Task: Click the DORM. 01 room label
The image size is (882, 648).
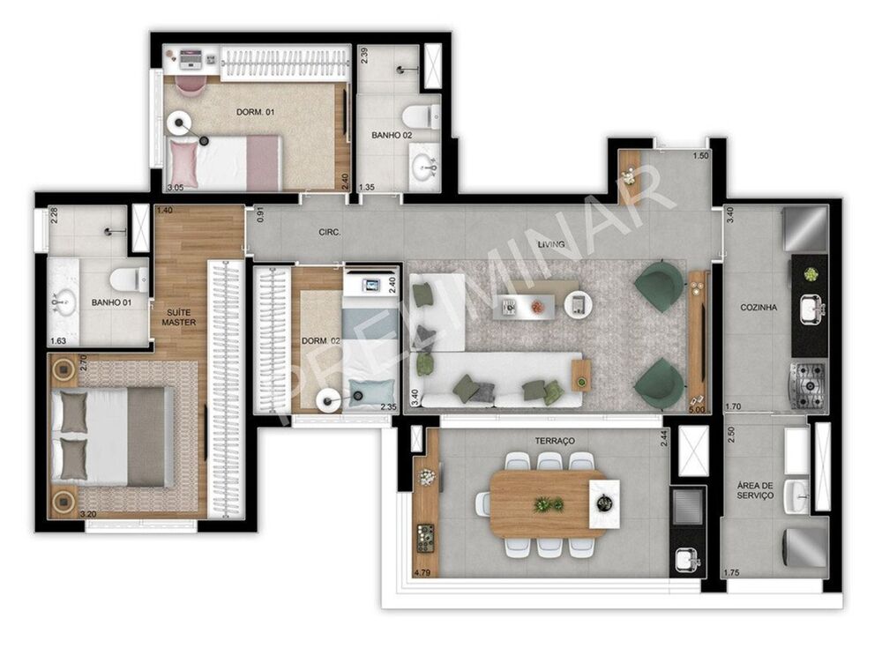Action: tap(255, 112)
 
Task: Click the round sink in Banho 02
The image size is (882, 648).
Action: tap(427, 164)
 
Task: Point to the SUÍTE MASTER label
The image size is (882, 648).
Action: tap(178, 317)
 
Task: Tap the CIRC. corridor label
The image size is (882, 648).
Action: tap(331, 234)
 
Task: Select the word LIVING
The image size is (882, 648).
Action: tap(564, 234)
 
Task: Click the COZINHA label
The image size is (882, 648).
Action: tap(759, 308)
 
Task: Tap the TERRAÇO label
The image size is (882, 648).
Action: tap(554, 440)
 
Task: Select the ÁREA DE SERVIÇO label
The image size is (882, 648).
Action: tap(755, 489)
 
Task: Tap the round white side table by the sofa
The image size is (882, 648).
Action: tap(577, 304)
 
